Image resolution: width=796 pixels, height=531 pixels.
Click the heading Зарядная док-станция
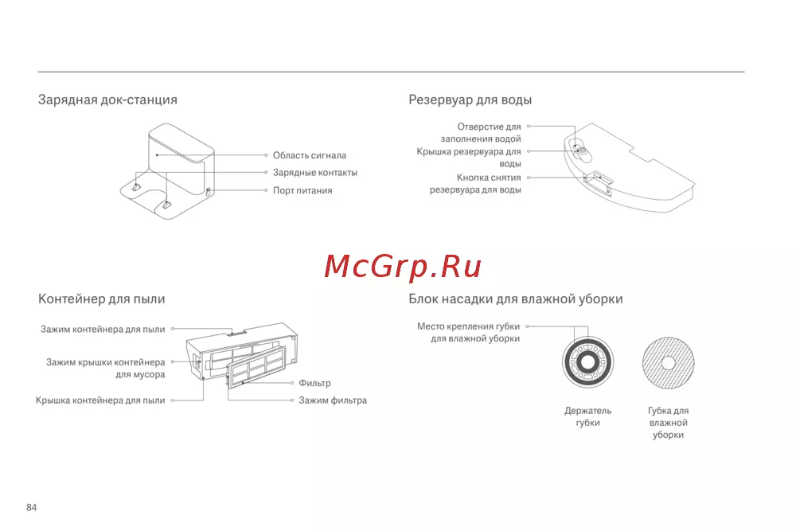click(107, 100)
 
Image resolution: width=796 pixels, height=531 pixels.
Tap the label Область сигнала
click(309, 156)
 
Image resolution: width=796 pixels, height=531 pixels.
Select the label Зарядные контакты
click(314, 173)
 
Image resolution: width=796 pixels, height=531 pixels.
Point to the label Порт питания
click(302, 191)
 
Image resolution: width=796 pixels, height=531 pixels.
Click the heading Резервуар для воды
click(470, 100)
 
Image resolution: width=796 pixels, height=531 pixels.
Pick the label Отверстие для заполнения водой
click(481, 133)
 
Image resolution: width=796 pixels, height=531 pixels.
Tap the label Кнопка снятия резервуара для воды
click(476, 184)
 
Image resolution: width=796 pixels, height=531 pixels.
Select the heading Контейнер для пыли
click(102, 299)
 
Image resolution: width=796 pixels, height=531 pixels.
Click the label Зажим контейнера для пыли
click(103, 329)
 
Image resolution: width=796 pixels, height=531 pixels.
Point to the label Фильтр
click(314, 384)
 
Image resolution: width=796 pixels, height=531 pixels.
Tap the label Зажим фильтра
click(333, 400)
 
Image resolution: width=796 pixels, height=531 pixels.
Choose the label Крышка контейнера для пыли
click(100, 400)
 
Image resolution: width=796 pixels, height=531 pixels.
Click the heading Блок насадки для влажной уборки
click(515, 299)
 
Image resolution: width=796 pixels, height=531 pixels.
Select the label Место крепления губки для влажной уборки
click(468, 332)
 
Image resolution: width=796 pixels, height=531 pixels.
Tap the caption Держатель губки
click(587, 417)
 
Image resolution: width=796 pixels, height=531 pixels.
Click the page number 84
click(32, 508)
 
